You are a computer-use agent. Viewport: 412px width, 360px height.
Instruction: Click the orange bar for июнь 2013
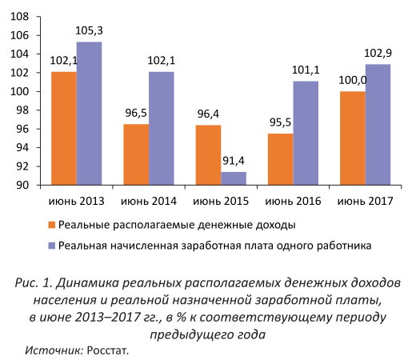(x=64, y=128)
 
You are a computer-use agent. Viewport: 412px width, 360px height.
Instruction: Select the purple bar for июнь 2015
(x=234, y=178)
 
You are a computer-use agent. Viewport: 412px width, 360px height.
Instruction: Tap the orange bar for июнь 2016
(x=281, y=159)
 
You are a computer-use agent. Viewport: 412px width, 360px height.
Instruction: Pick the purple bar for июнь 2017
(x=378, y=125)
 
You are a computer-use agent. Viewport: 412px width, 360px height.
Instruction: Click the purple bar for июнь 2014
(x=162, y=128)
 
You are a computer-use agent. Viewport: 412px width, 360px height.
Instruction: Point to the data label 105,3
(x=89, y=30)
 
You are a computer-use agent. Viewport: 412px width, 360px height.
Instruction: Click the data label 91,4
(x=234, y=161)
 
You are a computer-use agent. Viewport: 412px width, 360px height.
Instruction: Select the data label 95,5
(x=280, y=122)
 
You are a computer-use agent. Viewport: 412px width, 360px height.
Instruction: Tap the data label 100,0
(x=353, y=80)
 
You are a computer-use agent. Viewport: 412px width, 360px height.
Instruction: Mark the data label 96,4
(x=208, y=114)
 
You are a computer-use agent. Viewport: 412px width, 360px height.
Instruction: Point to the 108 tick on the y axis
(x=19, y=17)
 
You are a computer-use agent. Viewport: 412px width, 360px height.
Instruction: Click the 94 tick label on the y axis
(x=22, y=148)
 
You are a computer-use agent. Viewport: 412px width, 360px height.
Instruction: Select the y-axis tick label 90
(x=22, y=185)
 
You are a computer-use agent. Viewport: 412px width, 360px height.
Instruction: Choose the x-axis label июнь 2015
(x=221, y=201)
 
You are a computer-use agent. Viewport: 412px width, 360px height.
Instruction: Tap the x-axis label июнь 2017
(x=366, y=201)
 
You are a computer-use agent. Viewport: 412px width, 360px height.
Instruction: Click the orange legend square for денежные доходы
(x=52, y=225)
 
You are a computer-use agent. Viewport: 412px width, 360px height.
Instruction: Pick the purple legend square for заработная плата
(x=52, y=246)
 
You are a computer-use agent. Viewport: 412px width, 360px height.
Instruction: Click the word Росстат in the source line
(x=108, y=350)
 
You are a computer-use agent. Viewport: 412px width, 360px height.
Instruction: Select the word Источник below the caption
(x=54, y=350)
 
